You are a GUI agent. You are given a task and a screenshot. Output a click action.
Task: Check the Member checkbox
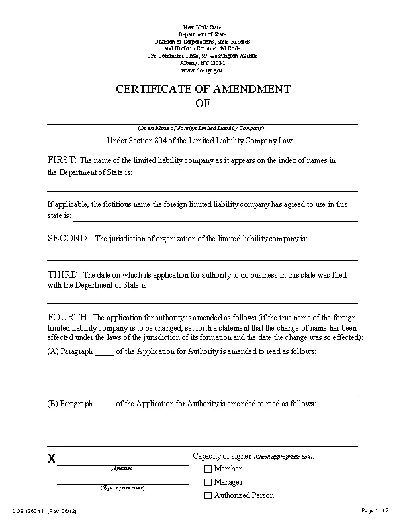point(208,469)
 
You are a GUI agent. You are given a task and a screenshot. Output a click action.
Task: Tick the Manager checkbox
point(208,483)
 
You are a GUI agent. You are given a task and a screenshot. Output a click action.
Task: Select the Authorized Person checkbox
point(208,496)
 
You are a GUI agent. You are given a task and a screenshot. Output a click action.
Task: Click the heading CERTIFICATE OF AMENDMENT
point(202,89)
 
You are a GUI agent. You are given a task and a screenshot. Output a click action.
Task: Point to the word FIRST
point(62,160)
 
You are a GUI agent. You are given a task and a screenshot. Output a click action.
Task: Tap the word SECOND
point(68,239)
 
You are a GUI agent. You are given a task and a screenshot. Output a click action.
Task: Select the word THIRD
point(64,274)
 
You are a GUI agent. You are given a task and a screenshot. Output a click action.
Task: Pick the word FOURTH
point(68,317)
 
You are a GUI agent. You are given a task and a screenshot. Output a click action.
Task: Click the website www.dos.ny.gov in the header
point(202,69)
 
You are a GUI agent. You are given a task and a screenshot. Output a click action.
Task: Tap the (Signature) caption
point(122,469)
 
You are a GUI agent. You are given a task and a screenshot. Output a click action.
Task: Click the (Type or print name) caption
point(122,487)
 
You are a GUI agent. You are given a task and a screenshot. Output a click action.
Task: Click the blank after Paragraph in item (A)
point(105,352)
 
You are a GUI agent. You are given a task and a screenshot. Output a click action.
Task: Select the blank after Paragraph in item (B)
point(105,404)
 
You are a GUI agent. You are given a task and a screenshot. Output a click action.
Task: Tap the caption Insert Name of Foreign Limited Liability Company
point(202,127)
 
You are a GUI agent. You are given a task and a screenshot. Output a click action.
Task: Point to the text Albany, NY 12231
point(202,62)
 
